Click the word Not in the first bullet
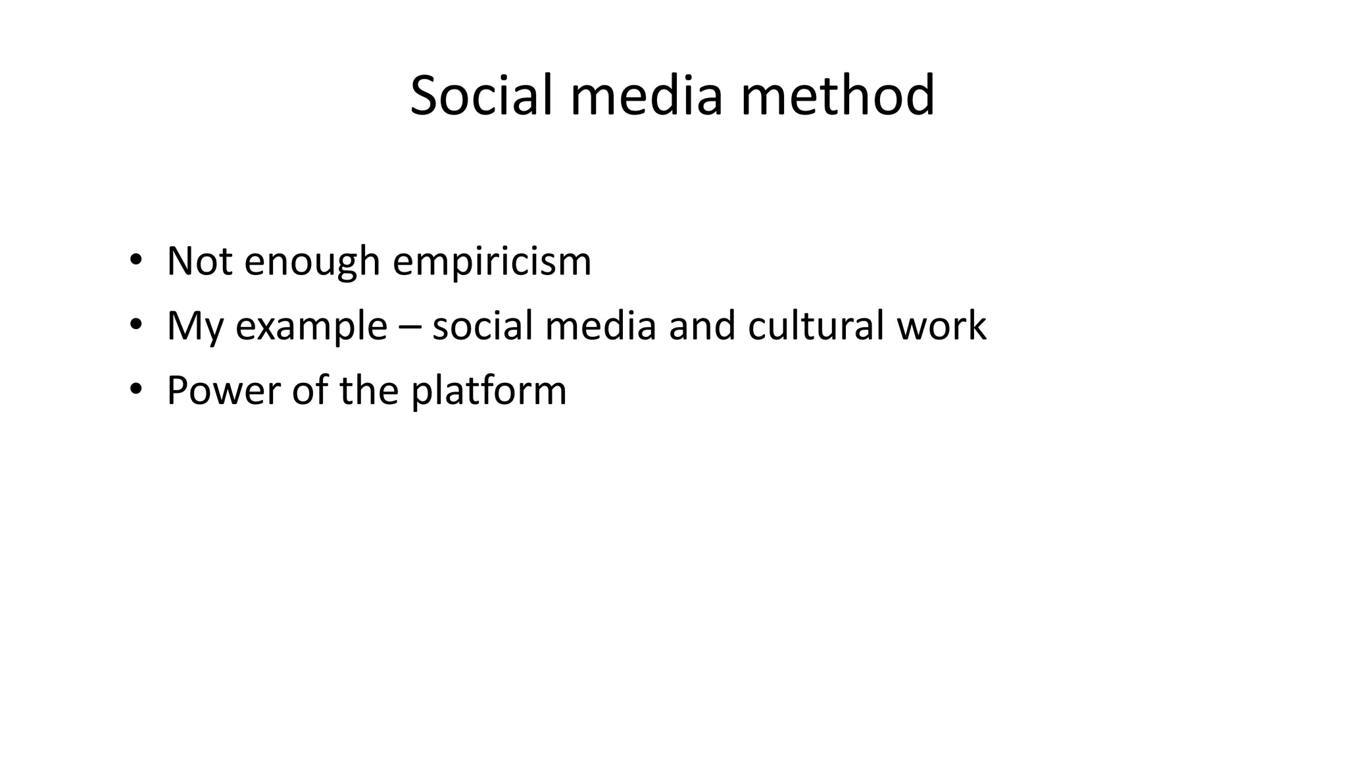[x=199, y=261]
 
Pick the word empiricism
[x=492, y=262]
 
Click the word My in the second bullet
[x=195, y=326]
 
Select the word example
[x=311, y=326]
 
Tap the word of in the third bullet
[x=310, y=390]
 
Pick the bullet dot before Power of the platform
[x=135, y=390]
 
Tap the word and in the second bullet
[x=702, y=325]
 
